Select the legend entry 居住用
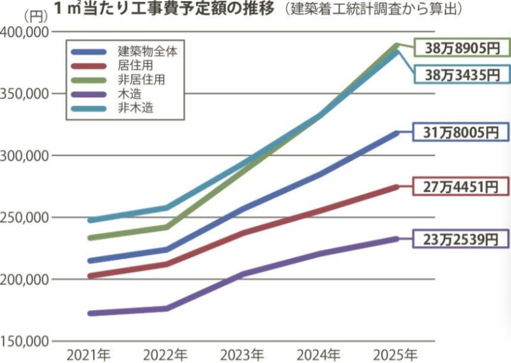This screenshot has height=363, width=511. coord(135,65)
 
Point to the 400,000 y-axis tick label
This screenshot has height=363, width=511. coord(26,33)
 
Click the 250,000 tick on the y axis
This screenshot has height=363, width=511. coord(26,217)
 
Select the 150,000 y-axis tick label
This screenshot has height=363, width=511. coord(26,341)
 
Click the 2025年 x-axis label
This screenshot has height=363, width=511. coord(396,353)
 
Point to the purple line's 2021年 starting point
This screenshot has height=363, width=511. coord(90,313)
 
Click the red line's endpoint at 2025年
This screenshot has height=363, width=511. coord(396,187)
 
